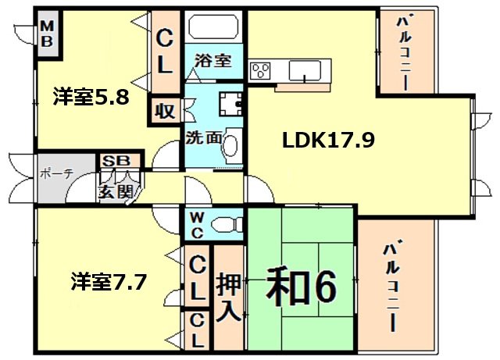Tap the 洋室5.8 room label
(91, 98)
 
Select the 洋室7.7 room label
(109, 280)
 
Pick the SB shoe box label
(117, 162)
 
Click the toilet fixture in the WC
(227, 223)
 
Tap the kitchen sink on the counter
(302, 71)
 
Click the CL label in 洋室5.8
(164, 51)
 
